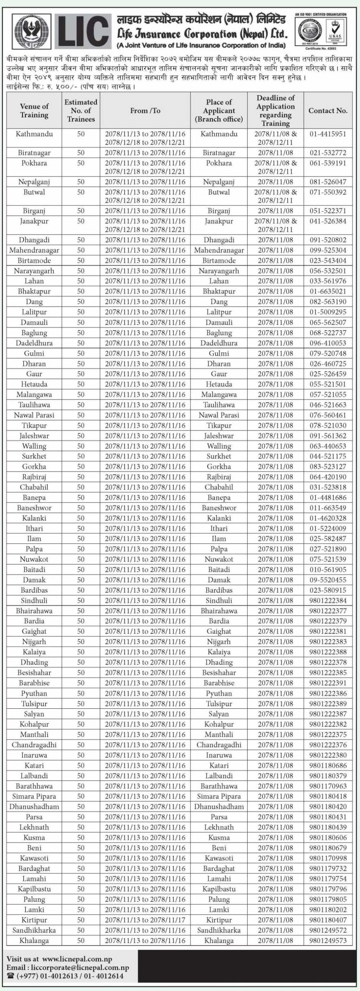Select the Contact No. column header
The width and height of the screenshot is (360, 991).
328,111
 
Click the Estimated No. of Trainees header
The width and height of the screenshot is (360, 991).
81,111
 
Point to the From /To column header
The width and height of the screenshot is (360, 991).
145,111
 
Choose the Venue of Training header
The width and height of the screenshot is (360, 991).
34,111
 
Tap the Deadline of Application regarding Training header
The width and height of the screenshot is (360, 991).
276,111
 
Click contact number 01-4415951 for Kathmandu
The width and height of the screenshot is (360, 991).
328,134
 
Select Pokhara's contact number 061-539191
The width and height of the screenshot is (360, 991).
328,163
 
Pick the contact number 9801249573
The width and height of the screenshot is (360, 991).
328,940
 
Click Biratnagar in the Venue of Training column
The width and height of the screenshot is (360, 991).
34,153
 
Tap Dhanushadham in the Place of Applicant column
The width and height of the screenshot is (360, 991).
219,806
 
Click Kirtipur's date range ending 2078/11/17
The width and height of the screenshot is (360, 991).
145,920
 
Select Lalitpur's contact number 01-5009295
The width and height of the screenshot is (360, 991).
328,312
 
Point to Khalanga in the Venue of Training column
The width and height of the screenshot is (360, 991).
34,940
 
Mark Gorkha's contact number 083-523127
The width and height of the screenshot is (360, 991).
328,466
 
